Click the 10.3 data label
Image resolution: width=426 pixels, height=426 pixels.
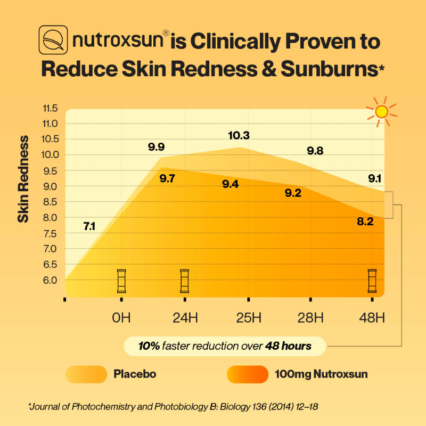click(x=239, y=135)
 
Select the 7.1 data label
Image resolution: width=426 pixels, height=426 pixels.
click(x=89, y=226)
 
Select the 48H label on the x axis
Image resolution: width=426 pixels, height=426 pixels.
click(x=372, y=318)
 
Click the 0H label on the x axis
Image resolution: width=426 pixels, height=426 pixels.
click(x=121, y=318)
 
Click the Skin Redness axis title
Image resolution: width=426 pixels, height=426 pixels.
click(x=23, y=179)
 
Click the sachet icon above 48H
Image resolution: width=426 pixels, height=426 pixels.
click(x=372, y=281)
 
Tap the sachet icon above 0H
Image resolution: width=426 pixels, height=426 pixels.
click(x=121, y=281)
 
